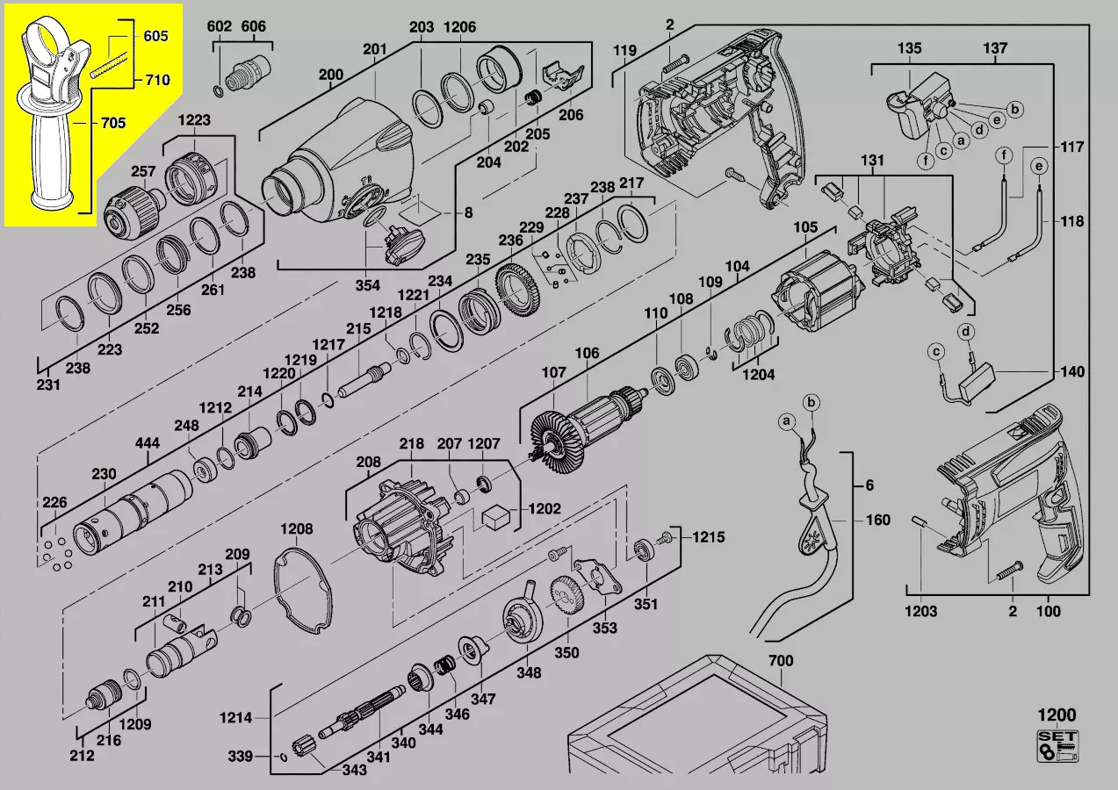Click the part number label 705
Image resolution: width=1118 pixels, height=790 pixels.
[113, 122]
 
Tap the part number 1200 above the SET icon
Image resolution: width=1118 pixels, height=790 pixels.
[1057, 715]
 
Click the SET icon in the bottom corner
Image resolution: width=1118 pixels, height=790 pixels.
[1057, 745]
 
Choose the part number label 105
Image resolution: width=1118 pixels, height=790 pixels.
[805, 227]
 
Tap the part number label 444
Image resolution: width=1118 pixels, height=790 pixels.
[148, 442]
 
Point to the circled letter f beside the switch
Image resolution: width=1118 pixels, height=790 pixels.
[927, 161]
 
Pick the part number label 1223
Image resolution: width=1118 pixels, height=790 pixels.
[194, 119]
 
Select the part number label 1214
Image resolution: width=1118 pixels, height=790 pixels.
[235, 717]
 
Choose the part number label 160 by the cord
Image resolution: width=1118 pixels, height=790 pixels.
[878, 520]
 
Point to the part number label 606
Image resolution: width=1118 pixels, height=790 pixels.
[253, 26]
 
